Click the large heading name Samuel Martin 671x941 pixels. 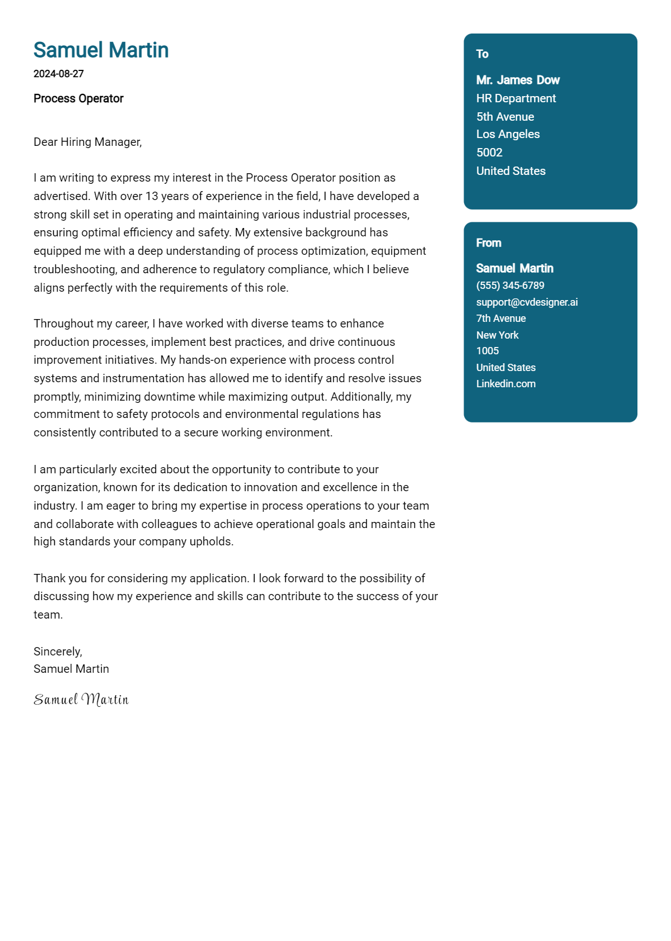pyautogui.click(x=101, y=50)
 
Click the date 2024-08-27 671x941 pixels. pyautogui.click(x=59, y=74)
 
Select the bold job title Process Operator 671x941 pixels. pyautogui.click(x=78, y=98)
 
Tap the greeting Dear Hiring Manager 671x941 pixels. pyautogui.click(x=88, y=142)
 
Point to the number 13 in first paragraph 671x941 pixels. pyautogui.click(x=152, y=196)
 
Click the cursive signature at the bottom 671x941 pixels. pyautogui.click(x=81, y=700)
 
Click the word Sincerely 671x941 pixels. pyautogui.click(x=58, y=652)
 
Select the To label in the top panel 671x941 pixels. pyautogui.click(x=482, y=54)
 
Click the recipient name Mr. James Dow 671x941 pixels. pyautogui.click(x=518, y=80)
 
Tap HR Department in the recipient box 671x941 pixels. pyautogui.click(x=516, y=98)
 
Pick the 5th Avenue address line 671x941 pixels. pyautogui.click(x=505, y=117)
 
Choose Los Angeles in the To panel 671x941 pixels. pyautogui.click(x=508, y=134)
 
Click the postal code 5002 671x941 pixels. pyautogui.click(x=489, y=153)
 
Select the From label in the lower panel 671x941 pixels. pyautogui.click(x=488, y=243)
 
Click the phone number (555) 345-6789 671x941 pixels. pyautogui.click(x=510, y=286)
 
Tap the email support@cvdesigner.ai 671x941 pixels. pyautogui.click(x=527, y=302)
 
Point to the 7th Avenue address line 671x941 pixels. pyautogui.click(x=500, y=319)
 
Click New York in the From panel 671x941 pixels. pyautogui.click(x=497, y=335)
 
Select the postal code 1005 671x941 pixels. pyautogui.click(x=487, y=351)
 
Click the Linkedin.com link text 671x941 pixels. pyautogui.click(x=505, y=384)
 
